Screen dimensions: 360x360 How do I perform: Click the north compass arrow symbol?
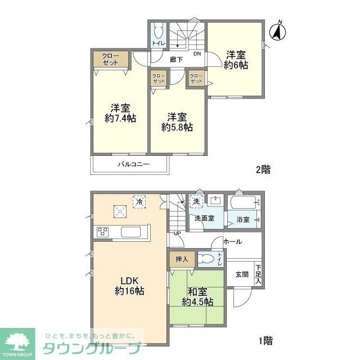277,31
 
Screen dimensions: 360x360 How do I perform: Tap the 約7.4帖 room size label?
120,119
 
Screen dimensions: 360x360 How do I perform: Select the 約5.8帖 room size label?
177,127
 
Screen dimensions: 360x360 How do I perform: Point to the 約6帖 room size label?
236,65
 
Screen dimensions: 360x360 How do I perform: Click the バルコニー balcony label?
133,165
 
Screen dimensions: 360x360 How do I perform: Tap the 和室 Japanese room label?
197,291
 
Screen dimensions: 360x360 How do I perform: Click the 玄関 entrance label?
242,274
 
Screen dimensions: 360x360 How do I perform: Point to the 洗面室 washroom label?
204,218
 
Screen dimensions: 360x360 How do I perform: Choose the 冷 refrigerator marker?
138,200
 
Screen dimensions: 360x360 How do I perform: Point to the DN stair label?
197,54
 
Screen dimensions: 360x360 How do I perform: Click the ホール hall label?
232,241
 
